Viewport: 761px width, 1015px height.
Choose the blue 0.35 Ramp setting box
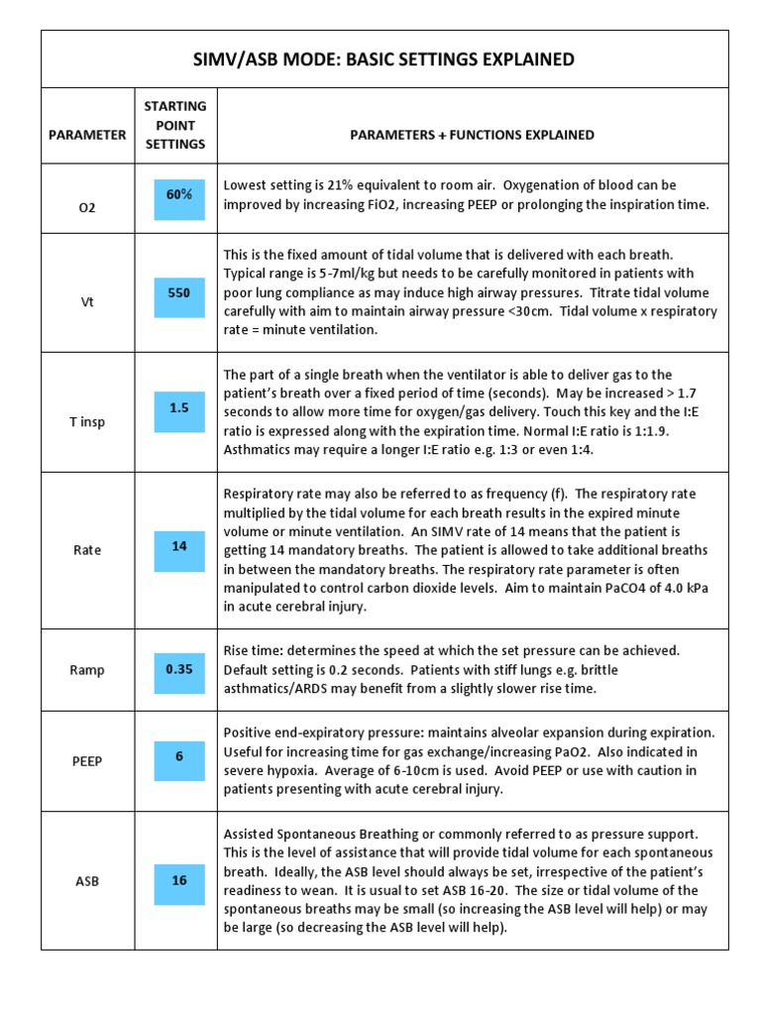tap(179, 670)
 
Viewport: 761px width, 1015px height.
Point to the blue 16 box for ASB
tap(179, 880)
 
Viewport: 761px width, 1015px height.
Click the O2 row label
tap(87, 209)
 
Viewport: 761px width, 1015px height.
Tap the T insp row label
tap(87, 421)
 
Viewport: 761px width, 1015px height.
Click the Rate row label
tap(87, 550)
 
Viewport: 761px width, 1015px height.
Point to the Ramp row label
tap(87, 670)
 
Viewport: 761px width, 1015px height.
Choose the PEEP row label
tap(87, 761)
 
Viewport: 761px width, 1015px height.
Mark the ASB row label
tap(87, 880)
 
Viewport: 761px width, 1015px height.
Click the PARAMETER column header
tap(87, 135)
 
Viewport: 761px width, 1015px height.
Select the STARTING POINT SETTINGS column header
tap(175, 125)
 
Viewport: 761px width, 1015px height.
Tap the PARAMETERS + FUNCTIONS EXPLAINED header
tap(473, 135)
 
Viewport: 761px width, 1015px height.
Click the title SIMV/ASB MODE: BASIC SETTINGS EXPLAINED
tap(384, 59)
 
